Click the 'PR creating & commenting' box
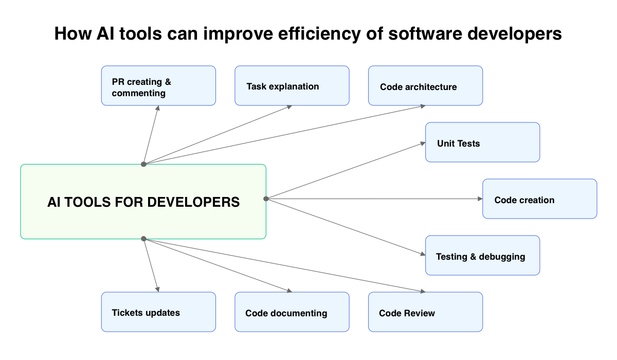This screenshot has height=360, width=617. tap(158, 86)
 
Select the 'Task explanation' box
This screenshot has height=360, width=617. tap(292, 86)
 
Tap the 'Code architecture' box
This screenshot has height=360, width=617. tap(426, 86)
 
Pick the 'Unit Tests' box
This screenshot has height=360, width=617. tap(482, 142)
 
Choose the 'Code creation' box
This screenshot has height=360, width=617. tap(539, 199)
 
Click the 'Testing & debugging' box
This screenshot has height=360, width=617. tap(482, 256)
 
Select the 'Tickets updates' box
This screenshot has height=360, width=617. tap(158, 312)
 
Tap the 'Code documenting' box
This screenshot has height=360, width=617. tap(292, 312)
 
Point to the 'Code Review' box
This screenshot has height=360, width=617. tap(426, 312)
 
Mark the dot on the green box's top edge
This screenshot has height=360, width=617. tap(144, 164)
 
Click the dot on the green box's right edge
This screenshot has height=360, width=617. tap(266, 199)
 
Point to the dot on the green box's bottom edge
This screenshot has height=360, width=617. tap(144, 239)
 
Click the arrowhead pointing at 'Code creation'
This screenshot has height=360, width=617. tap(480, 199)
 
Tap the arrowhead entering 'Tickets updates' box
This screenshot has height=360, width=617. tap(157, 290)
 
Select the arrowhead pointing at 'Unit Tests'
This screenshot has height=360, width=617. tap(423, 143)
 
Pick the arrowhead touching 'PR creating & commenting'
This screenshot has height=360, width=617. tap(158, 109)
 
